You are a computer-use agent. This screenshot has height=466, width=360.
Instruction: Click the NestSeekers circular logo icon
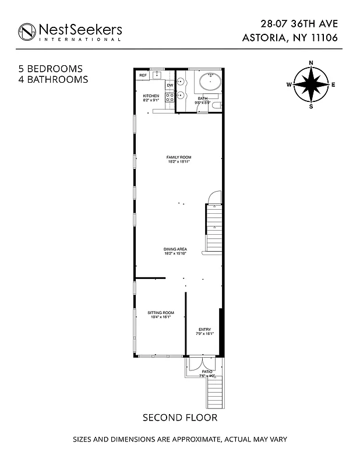pyautogui.click(x=27, y=31)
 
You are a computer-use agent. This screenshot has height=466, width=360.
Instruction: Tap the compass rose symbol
pyautogui.click(x=310, y=84)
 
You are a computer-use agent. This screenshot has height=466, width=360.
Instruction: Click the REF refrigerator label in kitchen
pyautogui.click(x=143, y=76)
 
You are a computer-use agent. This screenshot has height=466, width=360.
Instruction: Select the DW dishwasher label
pyautogui.click(x=170, y=86)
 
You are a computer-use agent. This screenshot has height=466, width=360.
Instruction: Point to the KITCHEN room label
pyautogui.click(x=151, y=96)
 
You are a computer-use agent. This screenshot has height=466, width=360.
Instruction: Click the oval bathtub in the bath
pyautogui.click(x=207, y=81)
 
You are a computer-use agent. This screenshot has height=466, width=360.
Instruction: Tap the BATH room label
pyautogui.click(x=203, y=98)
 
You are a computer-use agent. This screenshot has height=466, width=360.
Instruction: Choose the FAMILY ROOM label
pyautogui.click(x=179, y=157)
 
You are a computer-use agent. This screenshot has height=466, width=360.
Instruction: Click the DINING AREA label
pyautogui.click(x=175, y=249)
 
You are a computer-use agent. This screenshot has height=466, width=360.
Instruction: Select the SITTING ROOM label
pyautogui.click(x=161, y=313)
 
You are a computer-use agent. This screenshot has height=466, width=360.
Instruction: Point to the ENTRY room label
pyautogui.click(x=204, y=330)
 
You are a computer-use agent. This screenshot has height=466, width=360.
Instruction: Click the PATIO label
pyautogui.click(x=207, y=371)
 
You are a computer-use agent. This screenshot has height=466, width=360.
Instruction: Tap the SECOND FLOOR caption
pyautogui.click(x=180, y=418)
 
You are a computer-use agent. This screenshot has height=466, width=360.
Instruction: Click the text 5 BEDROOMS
pyautogui.click(x=50, y=69)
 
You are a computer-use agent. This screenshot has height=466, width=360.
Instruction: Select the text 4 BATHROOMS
pyautogui.click(x=53, y=79)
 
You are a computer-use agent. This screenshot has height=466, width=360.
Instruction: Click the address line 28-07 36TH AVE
pyautogui.click(x=299, y=24)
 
